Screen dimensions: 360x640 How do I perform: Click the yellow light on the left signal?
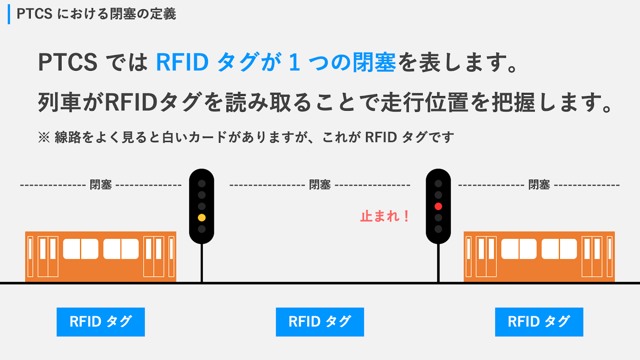point(202,218)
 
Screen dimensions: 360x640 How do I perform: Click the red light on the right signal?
point(438,206)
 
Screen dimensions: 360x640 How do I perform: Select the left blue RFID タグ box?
point(101,322)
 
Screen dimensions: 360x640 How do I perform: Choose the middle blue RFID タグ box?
point(320,322)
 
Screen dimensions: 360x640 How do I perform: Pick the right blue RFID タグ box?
point(539,322)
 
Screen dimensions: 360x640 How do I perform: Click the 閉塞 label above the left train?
point(101,185)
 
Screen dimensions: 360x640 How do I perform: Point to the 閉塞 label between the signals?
point(320,185)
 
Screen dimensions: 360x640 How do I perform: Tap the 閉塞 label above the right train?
point(539,185)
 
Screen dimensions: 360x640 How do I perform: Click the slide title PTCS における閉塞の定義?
point(96,14)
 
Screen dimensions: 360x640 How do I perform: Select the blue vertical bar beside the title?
point(9,14)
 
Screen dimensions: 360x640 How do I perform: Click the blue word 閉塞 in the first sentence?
point(374,62)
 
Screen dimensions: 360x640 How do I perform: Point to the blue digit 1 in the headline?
point(294,62)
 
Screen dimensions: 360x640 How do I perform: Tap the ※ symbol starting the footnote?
point(44,137)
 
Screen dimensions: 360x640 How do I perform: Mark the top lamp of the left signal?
point(202,184)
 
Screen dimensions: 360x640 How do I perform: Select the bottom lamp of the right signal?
point(438,229)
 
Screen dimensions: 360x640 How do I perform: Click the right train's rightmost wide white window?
point(568,249)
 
